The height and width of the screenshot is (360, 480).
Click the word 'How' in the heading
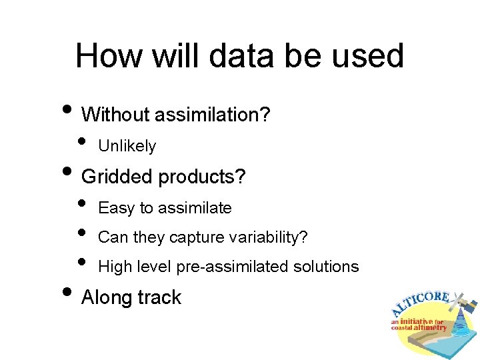point(107,55)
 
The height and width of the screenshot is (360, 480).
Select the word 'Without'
point(115,115)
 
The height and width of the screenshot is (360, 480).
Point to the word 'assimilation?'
point(213,115)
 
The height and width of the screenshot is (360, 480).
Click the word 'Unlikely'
point(127,146)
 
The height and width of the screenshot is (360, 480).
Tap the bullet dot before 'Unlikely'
point(82,141)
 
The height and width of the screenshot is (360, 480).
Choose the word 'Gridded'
point(117,177)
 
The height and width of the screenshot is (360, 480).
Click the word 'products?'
point(202,177)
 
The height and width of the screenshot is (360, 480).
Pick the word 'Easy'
point(116,209)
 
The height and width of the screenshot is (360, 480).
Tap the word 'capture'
point(195,237)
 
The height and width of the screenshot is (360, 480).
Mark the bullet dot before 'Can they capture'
point(82,233)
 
